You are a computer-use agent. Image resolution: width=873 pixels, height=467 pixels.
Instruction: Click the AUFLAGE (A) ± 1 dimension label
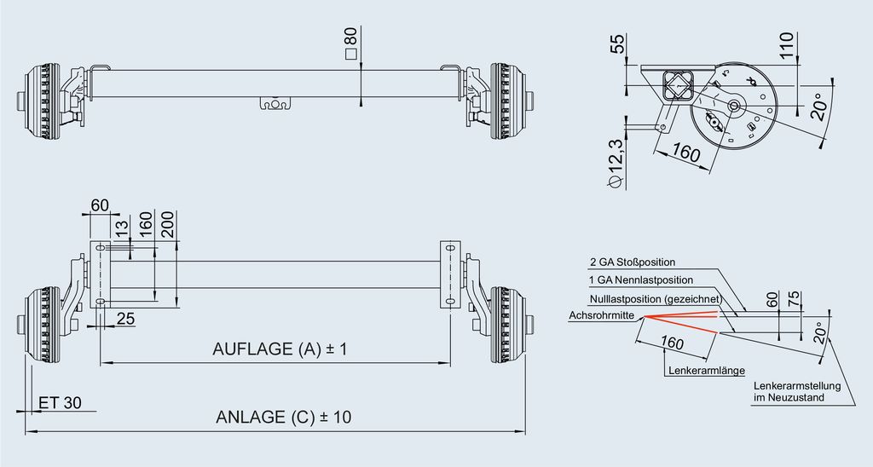click(x=280, y=349)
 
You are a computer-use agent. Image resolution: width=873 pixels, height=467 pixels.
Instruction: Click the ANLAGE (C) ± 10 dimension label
click(x=283, y=417)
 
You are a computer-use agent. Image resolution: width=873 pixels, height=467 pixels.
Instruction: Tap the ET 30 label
click(x=61, y=402)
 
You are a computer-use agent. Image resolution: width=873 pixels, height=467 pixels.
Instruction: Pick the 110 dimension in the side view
click(x=785, y=46)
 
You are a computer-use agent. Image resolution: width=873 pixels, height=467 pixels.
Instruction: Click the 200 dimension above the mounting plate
click(x=168, y=224)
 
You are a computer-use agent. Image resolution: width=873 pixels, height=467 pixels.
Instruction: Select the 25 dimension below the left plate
click(x=126, y=319)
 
